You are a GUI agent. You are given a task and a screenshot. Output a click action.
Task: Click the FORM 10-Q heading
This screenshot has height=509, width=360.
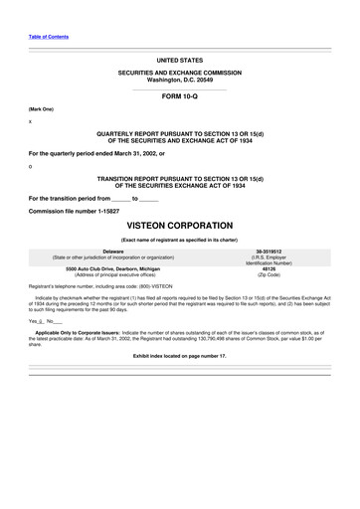click(179, 96)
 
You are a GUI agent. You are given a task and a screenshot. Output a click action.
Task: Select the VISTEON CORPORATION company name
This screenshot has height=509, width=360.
click(179, 226)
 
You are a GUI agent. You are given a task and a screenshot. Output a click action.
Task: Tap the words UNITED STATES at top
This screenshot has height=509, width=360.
click(179, 60)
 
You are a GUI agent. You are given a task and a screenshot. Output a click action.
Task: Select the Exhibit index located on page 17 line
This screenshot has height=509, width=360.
click(179, 355)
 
